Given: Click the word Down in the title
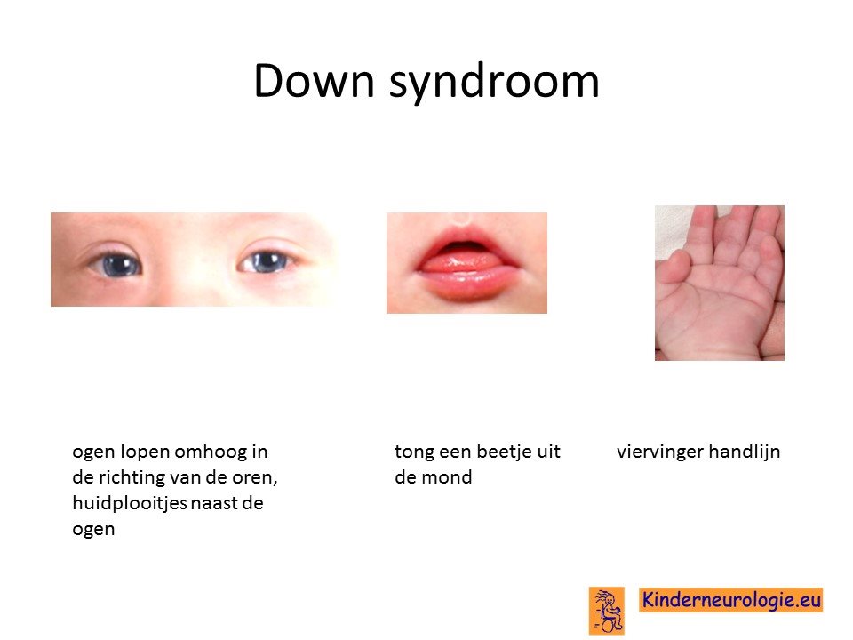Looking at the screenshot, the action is [x=314, y=81].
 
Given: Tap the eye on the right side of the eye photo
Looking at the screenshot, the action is [x=265, y=261].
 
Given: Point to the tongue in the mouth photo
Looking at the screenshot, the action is [x=461, y=263].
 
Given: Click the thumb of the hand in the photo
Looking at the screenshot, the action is [x=674, y=267].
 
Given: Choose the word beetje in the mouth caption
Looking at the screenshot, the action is [x=498, y=452].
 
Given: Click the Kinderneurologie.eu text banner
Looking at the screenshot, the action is [x=731, y=600].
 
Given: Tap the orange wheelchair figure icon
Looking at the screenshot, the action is [x=607, y=610].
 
